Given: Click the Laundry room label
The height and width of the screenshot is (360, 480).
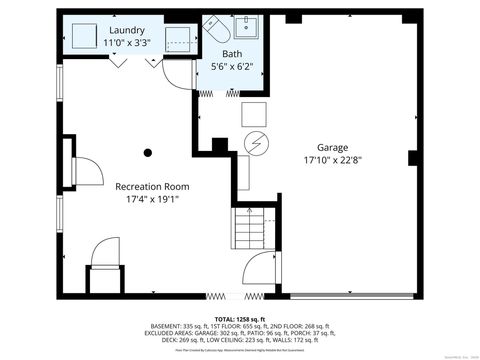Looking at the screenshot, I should pos(127,30).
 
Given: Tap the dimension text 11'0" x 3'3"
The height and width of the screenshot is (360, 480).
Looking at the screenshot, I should pos(127,43).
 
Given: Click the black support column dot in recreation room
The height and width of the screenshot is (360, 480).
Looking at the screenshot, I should pos(148,152).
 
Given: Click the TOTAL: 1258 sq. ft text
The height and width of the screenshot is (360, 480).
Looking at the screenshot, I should pos(240,318).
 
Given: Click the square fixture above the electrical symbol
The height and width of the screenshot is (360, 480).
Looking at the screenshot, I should pos(253,113).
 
